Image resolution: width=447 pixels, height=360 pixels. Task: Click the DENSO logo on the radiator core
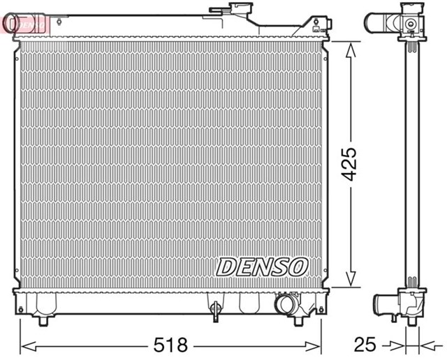coord(262,266)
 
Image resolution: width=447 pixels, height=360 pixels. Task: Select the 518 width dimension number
coord(170,343)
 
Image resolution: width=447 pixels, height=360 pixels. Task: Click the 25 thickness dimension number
coord(365,343)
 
